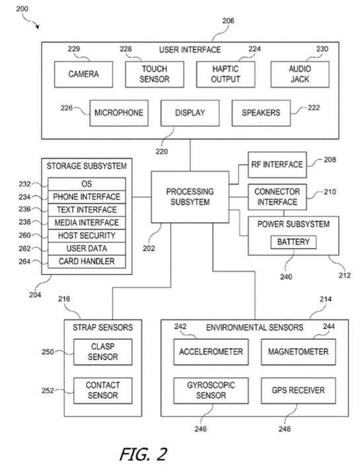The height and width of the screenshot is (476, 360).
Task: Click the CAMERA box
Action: click(x=84, y=74)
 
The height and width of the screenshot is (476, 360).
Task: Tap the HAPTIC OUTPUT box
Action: click(x=225, y=74)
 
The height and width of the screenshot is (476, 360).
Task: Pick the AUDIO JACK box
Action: click(x=299, y=74)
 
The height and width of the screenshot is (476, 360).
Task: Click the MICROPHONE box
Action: click(x=118, y=112)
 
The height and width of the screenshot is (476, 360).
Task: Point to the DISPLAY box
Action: click(x=190, y=112)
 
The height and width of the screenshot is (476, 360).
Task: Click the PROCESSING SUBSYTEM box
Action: click(x=189, y=196)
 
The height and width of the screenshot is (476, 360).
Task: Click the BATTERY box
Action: click(x=293, y=243)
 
